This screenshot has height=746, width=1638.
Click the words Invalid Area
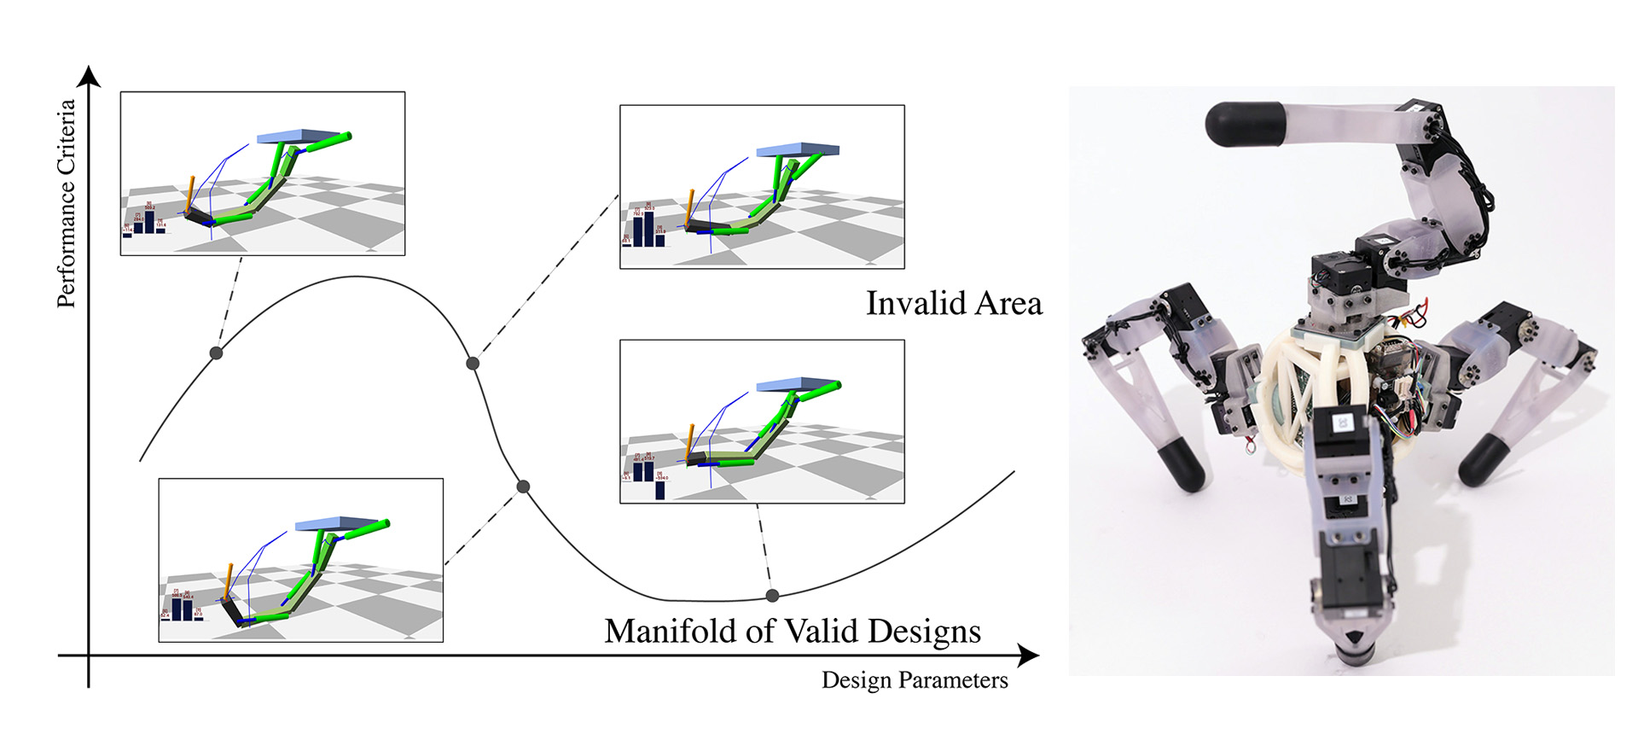click(x=954, y=304)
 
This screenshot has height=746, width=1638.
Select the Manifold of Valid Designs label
click(x=793, y=631)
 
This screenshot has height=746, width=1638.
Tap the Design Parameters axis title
click(x=915, y=680)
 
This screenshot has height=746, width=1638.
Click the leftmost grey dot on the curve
click(x=216, y=353)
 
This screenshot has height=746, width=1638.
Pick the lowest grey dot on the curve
click(x=772, y=595)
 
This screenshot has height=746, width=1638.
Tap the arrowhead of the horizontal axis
click(x=1029, y=656)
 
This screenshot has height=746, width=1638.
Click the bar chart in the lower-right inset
click(x=646, y=475)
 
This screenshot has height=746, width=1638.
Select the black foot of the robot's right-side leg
click(x=1485, y=459)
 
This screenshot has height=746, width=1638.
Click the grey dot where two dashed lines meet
click(x=473, y=363)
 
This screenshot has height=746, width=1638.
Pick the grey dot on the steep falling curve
click(x=524, y=487)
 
